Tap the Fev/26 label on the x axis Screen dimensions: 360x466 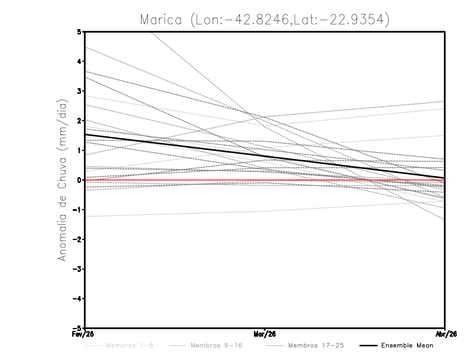point(85,334)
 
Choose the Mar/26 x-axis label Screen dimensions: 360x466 point(265,334)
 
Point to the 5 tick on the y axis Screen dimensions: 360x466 point(79,31)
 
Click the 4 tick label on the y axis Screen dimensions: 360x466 point(79,61)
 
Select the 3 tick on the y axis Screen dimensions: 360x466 point(79,91)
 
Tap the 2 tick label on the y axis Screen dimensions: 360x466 point(79,121)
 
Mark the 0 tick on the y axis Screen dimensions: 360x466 point(79,180)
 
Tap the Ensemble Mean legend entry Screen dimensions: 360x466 point(407,345)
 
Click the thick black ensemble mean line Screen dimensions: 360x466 point(265,156)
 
